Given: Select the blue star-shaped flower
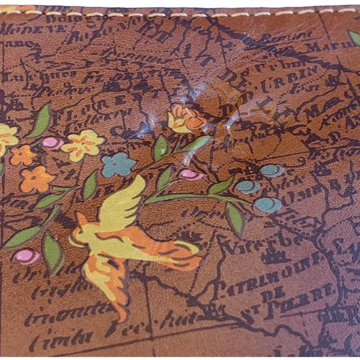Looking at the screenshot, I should [x=119, y=164].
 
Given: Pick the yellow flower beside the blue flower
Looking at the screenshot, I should [x=83, y=144].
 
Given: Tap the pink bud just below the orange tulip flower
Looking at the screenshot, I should [x=190, y=174].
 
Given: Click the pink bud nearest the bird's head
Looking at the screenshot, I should [x=27, y=256].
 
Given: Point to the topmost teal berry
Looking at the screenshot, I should [x=272, y=170].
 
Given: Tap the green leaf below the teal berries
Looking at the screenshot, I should [x=235, y=218].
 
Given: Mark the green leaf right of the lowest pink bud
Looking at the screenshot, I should [x=52, y=252].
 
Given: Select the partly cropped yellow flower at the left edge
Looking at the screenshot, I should [x=6, y=138].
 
